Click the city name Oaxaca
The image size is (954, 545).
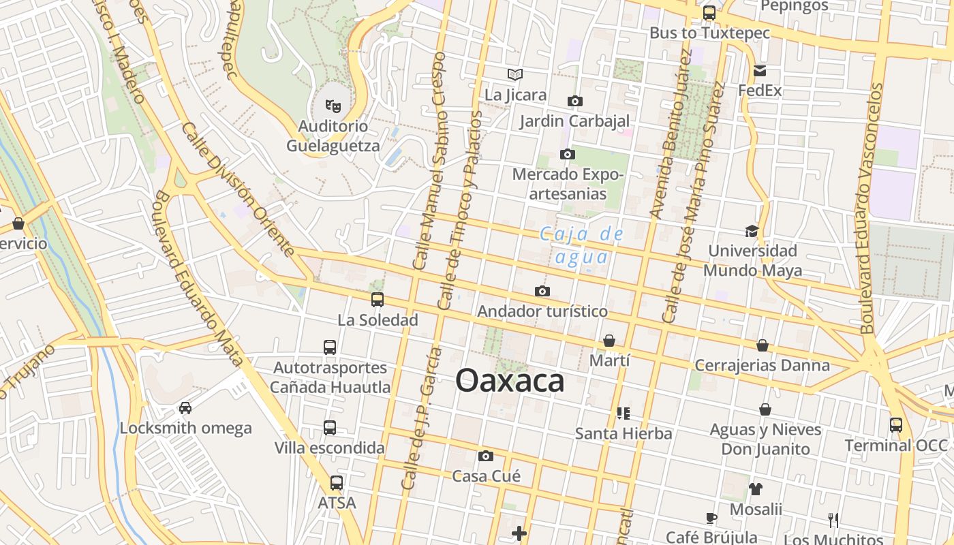pyautogui.click(x=510, y=381)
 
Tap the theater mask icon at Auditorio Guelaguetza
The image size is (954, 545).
pyautogui.click(x=333, y=106)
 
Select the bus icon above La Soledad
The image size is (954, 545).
pyautogui.click(x=378, y=299)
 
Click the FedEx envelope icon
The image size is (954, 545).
pyautogui.click(x=760, y=71)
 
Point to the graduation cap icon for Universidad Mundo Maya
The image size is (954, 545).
pyautogui.click(x=752, y=231)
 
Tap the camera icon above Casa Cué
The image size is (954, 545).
pyautogui.click(x=486, y=456)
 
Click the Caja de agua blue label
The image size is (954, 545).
pyautogui.click(x=581, y=245)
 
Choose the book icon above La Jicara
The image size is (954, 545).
pyautogui.click(x=515, y=74)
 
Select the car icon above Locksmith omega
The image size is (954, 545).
pyautogui.click(x=185, y=408)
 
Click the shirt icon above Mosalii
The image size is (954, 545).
pyautogui.click(x=756, y=488)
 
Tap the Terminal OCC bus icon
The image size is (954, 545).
pyautogui.click(x=896, y=425)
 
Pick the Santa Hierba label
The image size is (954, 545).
pyautogui.click(x=623, y=433)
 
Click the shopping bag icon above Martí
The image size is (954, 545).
pyautogui.click(x=609, y=341)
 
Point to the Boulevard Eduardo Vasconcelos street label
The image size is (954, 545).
pyautogui.click(x=871, y=208)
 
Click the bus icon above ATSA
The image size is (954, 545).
pyautogui.click(x=337, y=483)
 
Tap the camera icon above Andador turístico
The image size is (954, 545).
pyautogui.click(x=542, y=292)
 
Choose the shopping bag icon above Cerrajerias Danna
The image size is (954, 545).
pyautogui.click(x=763, y=345)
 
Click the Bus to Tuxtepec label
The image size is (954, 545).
pyautogui.click(x=709, y=33)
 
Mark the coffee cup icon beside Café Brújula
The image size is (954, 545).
pyautogui.click(x=711, y=517)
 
